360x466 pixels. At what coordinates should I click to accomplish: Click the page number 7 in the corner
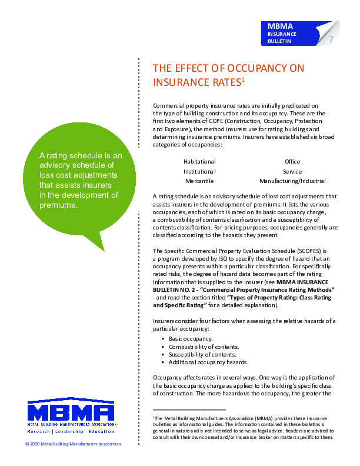332,40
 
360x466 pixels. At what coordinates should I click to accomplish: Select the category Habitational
199,161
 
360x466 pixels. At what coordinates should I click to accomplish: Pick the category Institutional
199,171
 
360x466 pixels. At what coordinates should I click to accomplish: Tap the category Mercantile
199,181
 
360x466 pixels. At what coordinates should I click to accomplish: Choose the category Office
292,161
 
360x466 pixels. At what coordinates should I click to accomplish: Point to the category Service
292,171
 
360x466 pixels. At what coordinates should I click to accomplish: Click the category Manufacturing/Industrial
292,181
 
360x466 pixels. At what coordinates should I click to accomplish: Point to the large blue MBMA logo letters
71,411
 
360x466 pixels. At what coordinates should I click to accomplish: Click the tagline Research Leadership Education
71,431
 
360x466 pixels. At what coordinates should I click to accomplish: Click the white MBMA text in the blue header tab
280,26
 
